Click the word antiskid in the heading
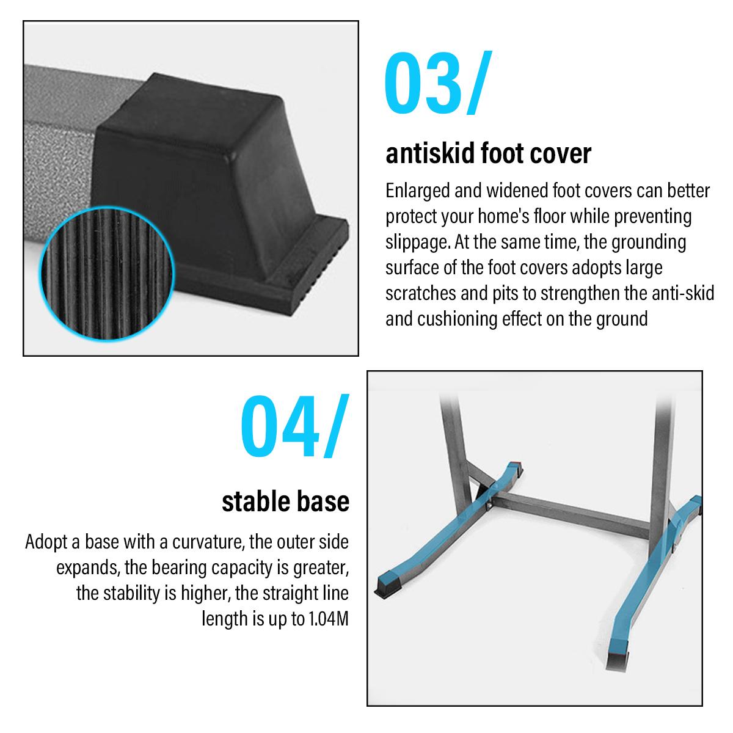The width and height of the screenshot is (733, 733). click(x=430, y=153)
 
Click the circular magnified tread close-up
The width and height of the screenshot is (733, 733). click(x=107, y=274)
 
